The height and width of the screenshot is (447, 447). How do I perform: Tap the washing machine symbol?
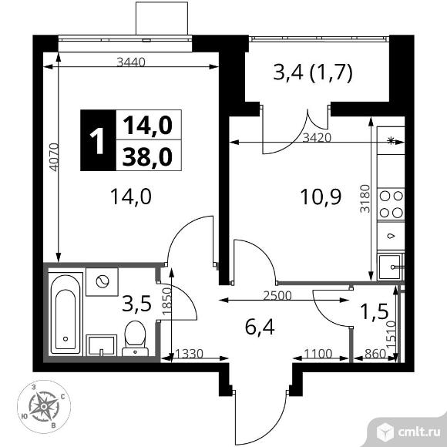tap(100, 282)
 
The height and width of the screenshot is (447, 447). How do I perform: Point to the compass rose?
tap(42, 405)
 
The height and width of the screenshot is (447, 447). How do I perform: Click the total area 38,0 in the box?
tap(146, 156)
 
